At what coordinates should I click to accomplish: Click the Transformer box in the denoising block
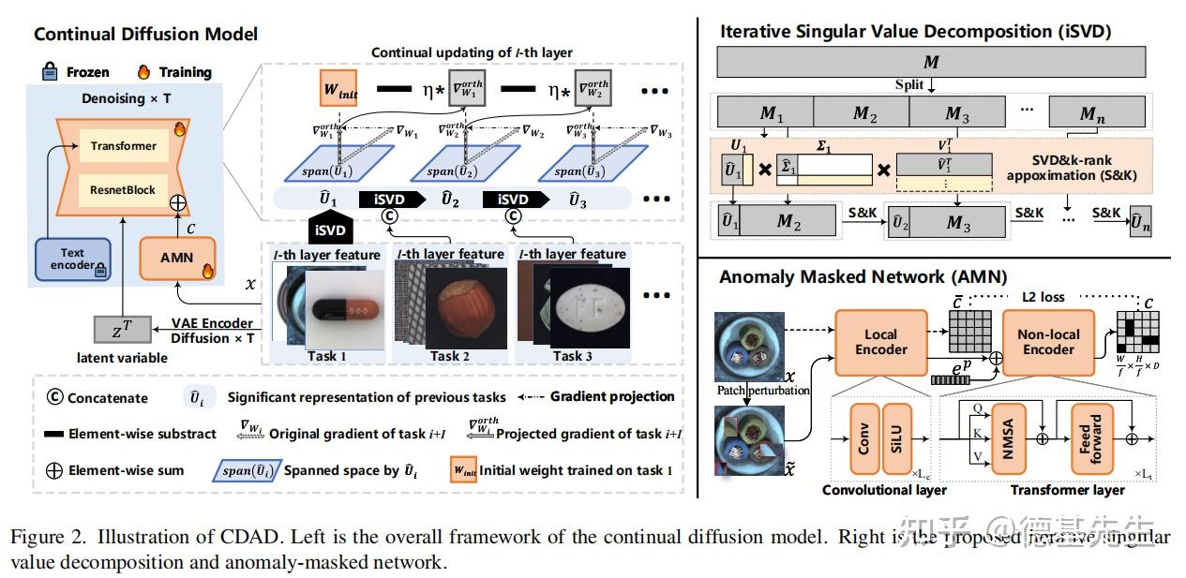(124, 146)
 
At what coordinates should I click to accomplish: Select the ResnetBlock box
(124, 190)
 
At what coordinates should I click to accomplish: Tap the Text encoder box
(72, 259)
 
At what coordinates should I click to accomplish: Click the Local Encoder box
(879, 342)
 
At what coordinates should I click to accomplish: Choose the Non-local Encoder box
(1047, 342)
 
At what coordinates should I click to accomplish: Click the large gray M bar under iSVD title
(930, 63)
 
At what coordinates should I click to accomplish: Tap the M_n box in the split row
(1087, 113)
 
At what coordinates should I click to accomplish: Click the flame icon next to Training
(143, 71)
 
